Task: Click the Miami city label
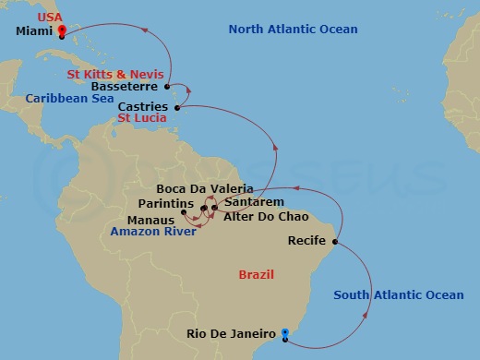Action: coord(34,30)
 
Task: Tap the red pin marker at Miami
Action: coord(61,32)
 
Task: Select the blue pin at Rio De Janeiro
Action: coord(285,333)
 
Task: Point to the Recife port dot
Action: coord(334,243)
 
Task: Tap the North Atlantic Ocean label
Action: coord(293,30)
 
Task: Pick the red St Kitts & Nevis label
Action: coord(116,74)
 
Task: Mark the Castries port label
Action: coord(143,107)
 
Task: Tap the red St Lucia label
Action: coord(142,118)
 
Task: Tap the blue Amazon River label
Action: coord(152,232)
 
